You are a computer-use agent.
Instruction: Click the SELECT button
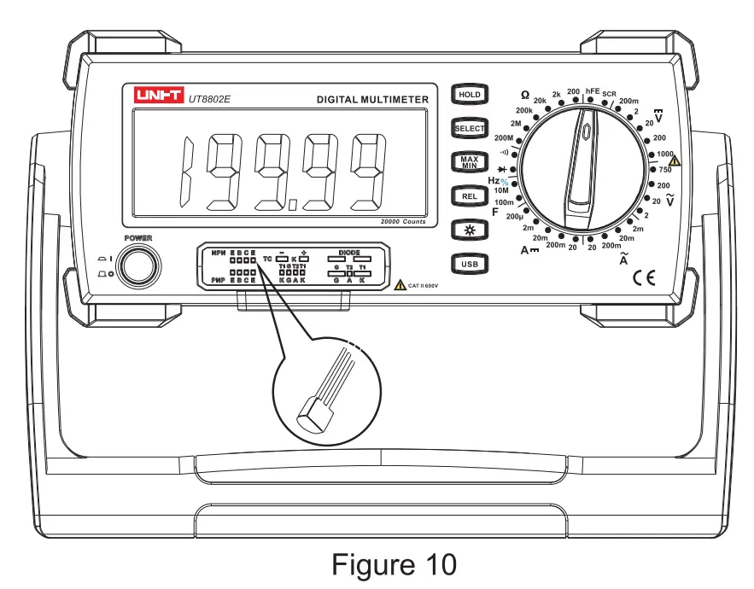[469, 128]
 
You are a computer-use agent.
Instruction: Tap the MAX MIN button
[469, 162]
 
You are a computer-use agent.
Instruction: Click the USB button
[469, 265]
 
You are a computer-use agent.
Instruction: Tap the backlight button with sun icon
[469, 230]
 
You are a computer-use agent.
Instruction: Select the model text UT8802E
[210, 99]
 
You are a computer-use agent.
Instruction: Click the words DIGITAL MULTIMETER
[372, 100]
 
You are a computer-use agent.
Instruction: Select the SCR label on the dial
[610, 94]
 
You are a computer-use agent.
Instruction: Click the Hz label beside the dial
[494, 181]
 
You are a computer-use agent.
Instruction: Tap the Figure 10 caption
[394, 564]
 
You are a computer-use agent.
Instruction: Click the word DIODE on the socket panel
[348, 253]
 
